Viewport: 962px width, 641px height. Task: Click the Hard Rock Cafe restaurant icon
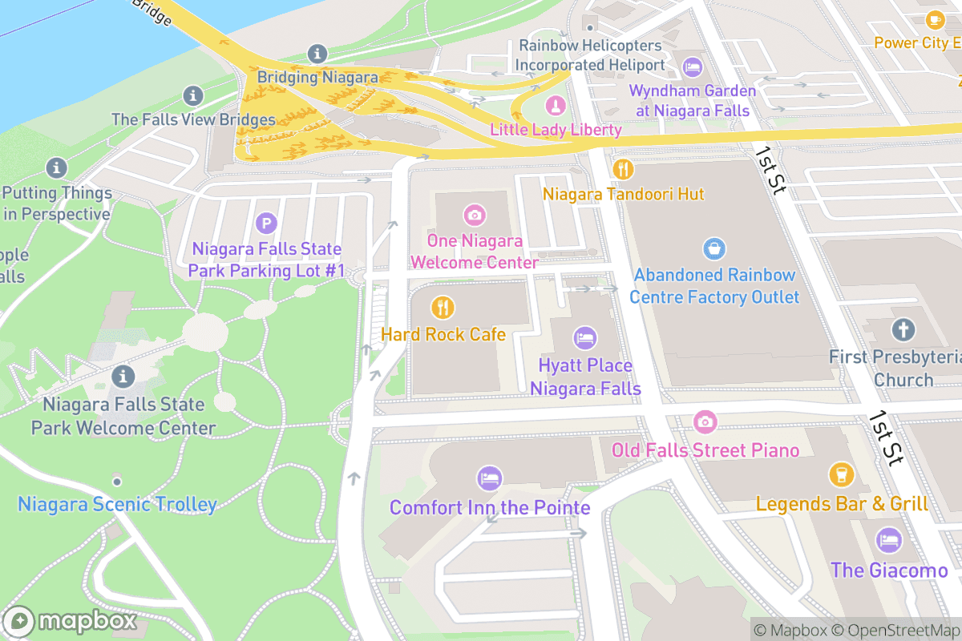click(x=442, y=307)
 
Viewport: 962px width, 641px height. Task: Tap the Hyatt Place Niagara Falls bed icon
click(x=585, y=338)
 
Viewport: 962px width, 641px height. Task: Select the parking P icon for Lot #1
click(x=265, y=223)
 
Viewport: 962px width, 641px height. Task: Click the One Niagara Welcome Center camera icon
click(x=475, y=214)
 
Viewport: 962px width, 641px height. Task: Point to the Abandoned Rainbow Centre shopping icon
click(x=713, y=248)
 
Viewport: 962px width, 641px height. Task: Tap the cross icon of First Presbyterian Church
click(x=903, y=329)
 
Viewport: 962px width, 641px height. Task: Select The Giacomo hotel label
click(x=889, y=570)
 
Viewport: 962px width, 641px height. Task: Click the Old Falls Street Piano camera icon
click(x=705, y=421)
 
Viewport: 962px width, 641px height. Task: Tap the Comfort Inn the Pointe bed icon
click(x=489, y=479)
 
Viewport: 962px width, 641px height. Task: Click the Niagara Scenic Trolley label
click(x=117, y=505)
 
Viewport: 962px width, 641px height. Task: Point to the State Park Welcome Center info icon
click(x=123, y=376)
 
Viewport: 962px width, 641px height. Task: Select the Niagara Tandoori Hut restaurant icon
click(x=623, y=169)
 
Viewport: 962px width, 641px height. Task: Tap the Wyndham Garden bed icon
click(x=692, y=66)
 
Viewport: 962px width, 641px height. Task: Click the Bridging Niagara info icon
click(x=317, y=54)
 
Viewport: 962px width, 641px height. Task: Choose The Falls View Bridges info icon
click(x=192, y=96)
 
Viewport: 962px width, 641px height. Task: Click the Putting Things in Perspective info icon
click(x=56, y=168)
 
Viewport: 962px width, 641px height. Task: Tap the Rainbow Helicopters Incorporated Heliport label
click(x=589, y=55)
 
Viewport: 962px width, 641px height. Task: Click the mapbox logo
click(x=71, y=622)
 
